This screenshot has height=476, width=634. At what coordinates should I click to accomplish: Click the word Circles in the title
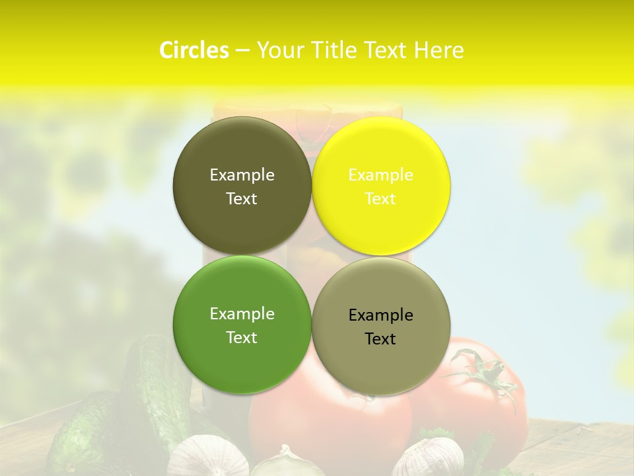[194, 50]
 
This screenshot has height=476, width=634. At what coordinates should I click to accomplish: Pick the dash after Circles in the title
[242, 51]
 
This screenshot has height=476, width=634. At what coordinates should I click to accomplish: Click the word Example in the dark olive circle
[242, 175]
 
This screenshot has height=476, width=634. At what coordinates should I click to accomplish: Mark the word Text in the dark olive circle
[242, 198]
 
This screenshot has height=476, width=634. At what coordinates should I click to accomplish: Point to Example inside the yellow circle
[380, 175]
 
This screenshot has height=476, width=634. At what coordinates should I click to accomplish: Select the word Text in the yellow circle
[380, 198]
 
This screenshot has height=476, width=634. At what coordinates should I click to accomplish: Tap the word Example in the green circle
[242, 314]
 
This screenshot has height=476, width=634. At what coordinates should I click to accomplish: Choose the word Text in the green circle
[242, 337]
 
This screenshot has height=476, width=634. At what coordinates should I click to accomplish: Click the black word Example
[380, 315]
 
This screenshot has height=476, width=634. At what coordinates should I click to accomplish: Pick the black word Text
[380, 338]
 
